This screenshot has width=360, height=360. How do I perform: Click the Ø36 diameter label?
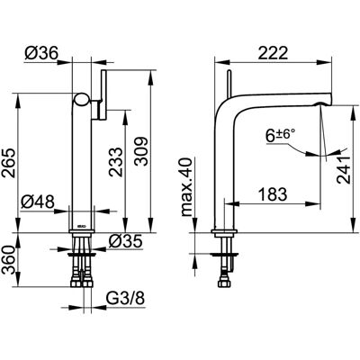click(41, 53)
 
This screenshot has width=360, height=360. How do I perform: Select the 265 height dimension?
click(8, 163)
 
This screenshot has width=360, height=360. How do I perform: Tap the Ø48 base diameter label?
click(38, 202)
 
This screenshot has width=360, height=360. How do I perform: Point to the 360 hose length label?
click(8, 260)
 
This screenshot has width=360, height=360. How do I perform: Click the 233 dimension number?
click(116, 161)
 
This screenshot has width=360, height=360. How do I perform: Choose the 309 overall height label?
click(140, 151)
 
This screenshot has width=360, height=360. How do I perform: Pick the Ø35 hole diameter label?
click(125, 241)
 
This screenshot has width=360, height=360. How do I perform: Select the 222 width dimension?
click(273, 53)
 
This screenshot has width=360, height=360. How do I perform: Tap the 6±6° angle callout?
click(280, 135)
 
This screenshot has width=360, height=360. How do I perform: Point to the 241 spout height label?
click(344, 169)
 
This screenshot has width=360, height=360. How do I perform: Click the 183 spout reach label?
click(273, 194)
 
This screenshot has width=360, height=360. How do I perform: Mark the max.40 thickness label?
click(186, 187)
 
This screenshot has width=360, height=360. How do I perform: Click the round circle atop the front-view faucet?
click(82, 100)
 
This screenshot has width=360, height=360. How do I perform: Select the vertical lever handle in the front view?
click(103, 95)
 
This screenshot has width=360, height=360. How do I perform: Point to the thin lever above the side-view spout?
click(229, 84)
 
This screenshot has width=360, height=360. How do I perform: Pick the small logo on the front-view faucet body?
click(81, 227)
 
